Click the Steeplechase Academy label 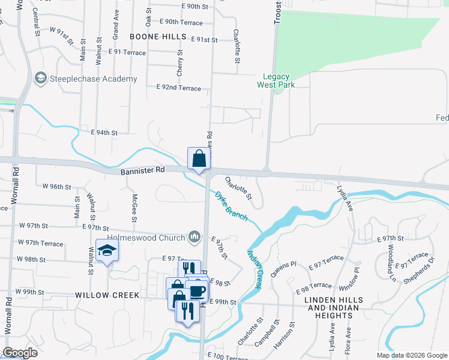pyautogui.click(x=94, y=79)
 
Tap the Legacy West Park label pyautogui.click(x=276, y=80)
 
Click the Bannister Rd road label pyautogui.click(x=142, y=171)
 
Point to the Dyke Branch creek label pyautogui.click(x=231, y=206)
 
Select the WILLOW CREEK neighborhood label pyautogui.click(x=107, y=295)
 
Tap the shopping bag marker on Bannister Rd pyautogui.click(x=199, y=159)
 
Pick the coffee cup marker pyautogui.click(x=197, y=291)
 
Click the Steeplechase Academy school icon pyautogui.click(x=41, y=78)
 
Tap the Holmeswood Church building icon pyautogui.click(x=194, y=237)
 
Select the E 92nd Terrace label pyautogui.click(x=178, y=88)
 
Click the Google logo pyautogui.click(x=20, y=353)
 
